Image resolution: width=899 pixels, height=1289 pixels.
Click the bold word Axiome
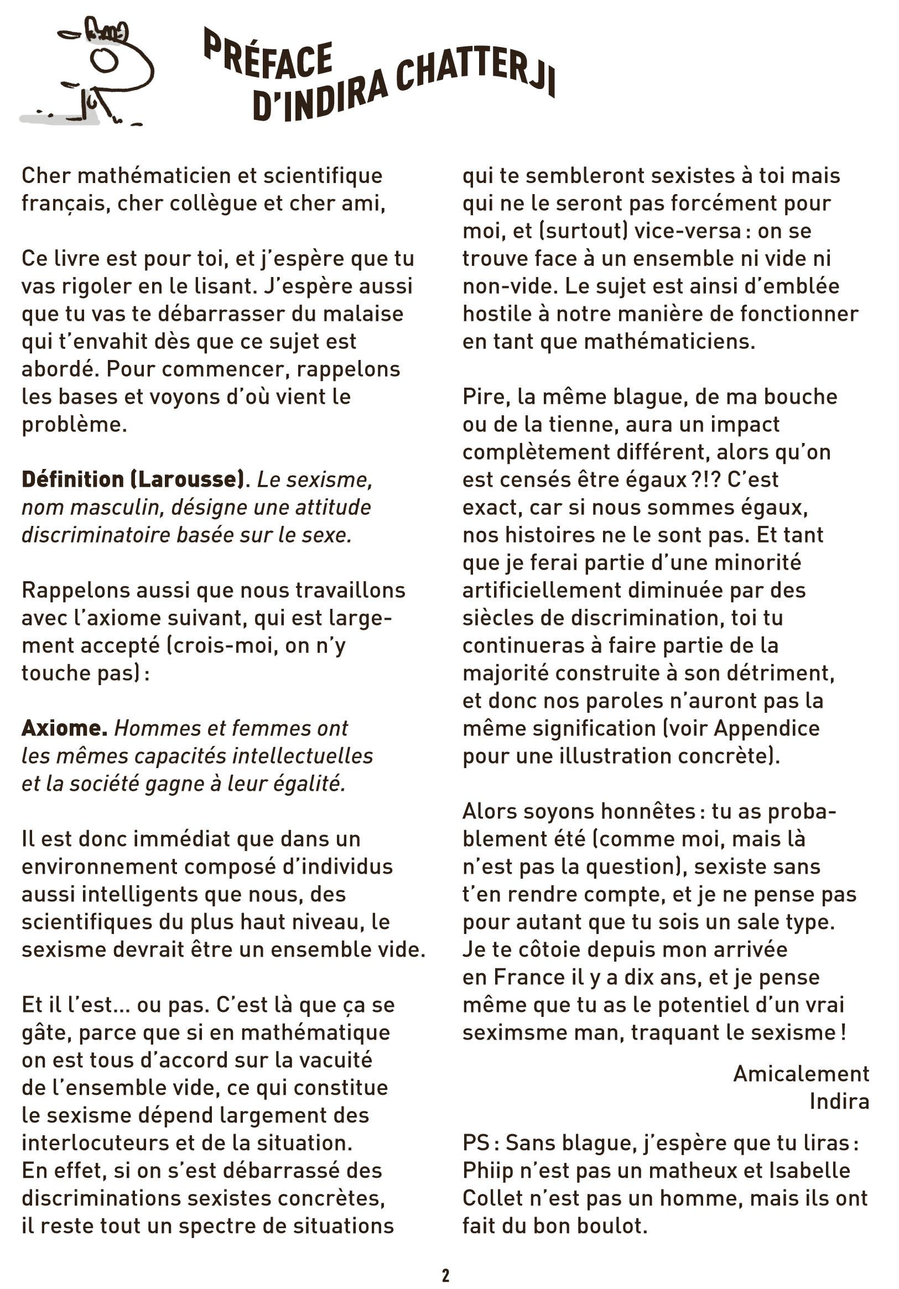point(65,728)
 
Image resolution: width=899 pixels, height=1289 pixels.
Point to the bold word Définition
point(72,479)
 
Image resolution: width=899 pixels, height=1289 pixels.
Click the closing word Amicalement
point(801,1073)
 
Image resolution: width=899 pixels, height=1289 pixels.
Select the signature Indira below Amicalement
point(839,1102)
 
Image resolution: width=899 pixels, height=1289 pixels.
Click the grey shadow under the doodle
point(59,119)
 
